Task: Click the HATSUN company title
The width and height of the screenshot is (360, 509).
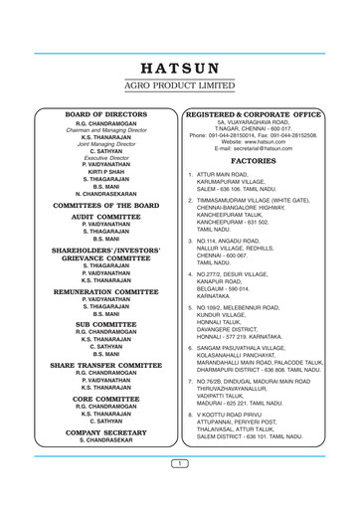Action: point(180,70)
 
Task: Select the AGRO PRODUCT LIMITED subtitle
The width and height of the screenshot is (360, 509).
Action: point(180,86)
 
